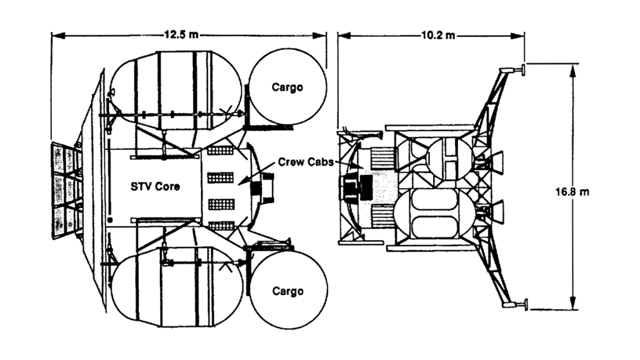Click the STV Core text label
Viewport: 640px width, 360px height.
155,187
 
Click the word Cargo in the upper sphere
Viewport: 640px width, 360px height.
287,87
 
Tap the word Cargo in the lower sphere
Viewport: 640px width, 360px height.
287,291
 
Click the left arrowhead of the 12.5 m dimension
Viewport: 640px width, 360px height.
55,35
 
